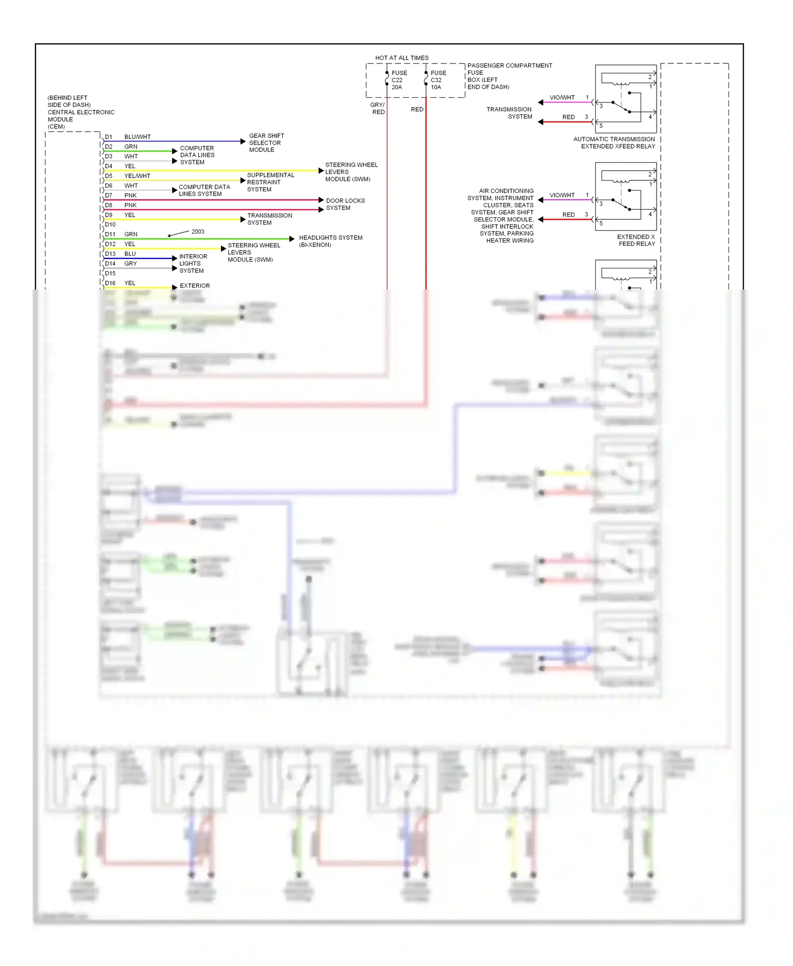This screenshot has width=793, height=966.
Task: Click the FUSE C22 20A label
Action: click(399, 80)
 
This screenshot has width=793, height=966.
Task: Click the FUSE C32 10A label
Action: click(438, 80)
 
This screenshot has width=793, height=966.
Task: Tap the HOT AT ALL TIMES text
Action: click(402, 58)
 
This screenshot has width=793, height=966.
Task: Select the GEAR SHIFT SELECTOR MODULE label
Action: click(266, 143)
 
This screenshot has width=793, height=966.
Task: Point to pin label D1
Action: click(108, 137)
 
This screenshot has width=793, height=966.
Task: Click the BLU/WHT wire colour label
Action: click(137, 137)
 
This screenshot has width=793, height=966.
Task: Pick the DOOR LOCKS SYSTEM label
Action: click(345, 205)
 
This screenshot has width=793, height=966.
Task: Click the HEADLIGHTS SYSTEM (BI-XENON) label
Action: click(330, 241)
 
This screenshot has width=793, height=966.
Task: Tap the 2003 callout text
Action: click(198, 231)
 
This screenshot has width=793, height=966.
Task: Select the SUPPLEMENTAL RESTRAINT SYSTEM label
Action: click(270, 182)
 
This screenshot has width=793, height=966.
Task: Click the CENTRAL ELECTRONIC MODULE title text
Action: click(80, 113)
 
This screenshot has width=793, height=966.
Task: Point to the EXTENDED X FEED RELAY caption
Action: click(636, 240)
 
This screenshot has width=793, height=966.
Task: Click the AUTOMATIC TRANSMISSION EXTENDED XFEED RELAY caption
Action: click(614, 143)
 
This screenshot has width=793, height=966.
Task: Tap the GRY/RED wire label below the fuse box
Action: click(377, 108)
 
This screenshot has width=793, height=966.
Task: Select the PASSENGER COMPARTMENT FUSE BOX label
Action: click(509, 76)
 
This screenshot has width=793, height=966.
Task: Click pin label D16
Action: click(110, 283)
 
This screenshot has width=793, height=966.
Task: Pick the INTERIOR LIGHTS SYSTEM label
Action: click(192, 264)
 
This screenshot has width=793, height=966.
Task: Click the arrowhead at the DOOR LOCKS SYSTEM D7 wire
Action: click(321, 200)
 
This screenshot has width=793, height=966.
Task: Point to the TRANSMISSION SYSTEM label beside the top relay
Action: click(509, 113)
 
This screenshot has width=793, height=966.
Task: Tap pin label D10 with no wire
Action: click(110, 225)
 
